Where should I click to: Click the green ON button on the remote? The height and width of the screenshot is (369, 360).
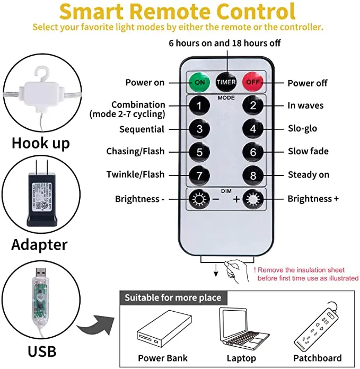click(x=199, y=82)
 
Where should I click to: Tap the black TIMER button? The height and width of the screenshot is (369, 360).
click(x=226, y=82)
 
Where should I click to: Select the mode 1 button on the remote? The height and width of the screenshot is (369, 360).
click(x=199, y=106)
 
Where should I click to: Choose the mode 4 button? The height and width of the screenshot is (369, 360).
click(x=253, y=129)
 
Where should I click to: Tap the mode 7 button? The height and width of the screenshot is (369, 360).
click(x=199, y=174)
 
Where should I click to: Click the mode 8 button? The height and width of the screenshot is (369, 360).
click(x=253, y=174)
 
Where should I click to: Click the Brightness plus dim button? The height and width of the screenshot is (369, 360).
click(x=253, y=199)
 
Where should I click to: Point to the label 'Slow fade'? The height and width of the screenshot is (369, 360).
click(x=308, y=152)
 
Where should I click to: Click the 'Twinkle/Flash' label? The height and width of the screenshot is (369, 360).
click(x=135, y=174)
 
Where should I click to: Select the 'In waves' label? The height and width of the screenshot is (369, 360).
click(x=305, y=106)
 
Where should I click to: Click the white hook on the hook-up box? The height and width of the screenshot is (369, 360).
click(x=43, y=74)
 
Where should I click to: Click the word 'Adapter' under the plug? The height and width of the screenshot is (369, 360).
click(x=39, y=244)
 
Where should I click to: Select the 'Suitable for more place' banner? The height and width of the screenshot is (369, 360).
click(x=172, y=297)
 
